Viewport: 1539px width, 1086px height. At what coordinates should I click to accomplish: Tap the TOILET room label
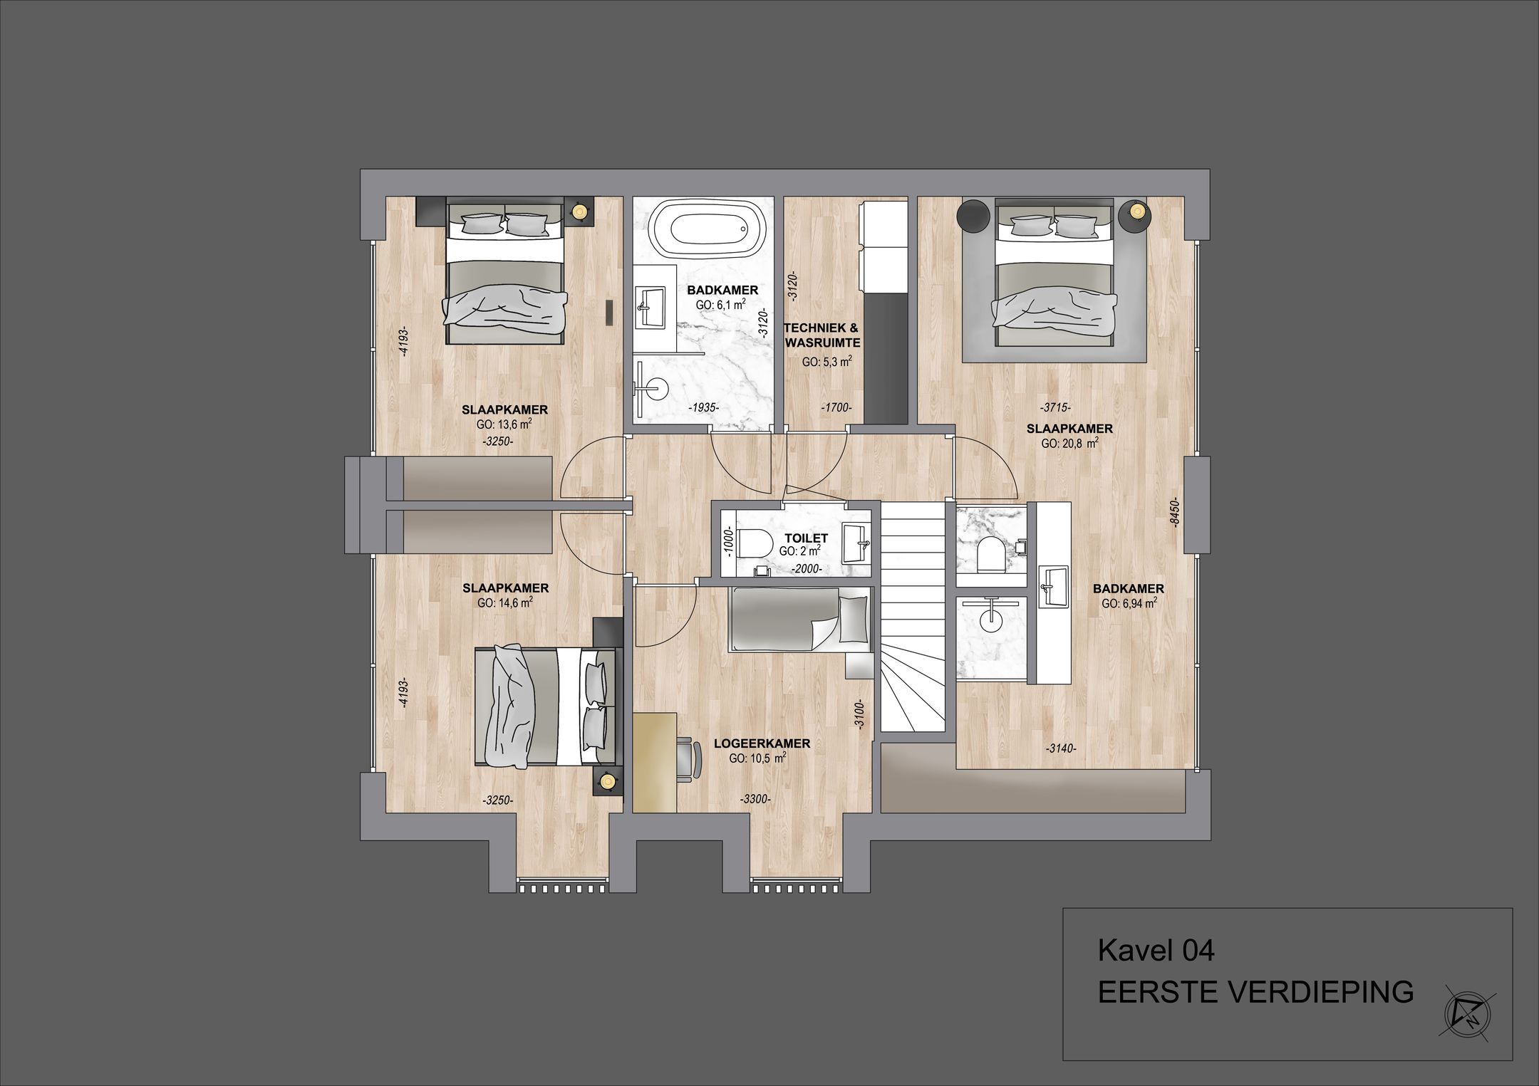(x=806, y=538)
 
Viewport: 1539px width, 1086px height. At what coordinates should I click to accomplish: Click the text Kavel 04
(x=1156, y=951)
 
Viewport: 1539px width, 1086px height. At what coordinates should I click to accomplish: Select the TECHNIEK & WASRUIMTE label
(x=822, y=335)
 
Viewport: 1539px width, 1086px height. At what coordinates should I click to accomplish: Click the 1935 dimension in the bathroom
(x=704, y=408)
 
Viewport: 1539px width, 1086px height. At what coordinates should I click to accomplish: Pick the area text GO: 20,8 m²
(x=1069, y=443)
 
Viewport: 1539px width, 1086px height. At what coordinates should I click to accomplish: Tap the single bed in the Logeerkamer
(x=798, y=619)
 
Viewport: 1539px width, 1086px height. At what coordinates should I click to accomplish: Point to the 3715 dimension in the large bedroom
(x=1055, y=408)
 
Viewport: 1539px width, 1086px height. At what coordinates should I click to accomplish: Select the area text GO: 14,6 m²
(x=505, y=602)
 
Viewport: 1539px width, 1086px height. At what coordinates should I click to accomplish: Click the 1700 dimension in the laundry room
(x=836, y=408)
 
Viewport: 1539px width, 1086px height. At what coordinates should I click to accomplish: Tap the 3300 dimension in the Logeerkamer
(x=755, y=800)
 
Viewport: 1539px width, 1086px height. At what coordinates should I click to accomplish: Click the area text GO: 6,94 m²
(x=1129, y=603)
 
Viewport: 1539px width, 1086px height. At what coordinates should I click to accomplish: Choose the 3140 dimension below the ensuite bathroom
(x=1061, y=748)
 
